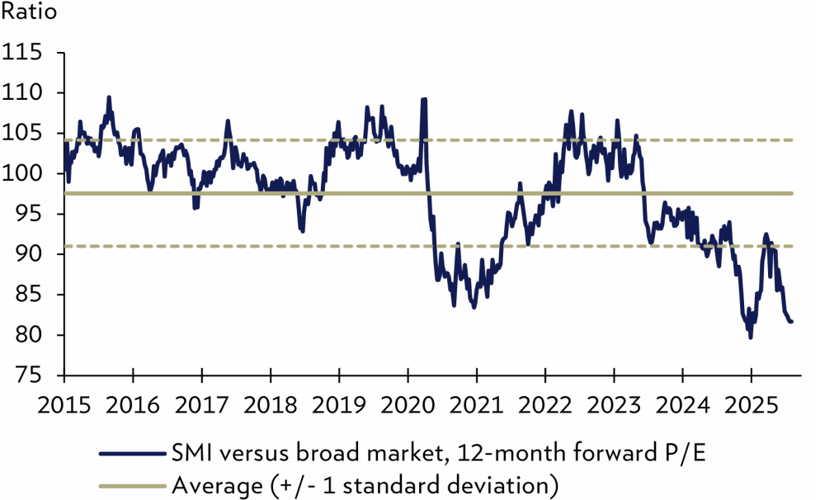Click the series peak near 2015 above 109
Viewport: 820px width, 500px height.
point(108,97)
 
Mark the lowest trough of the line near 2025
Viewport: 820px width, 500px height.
point(750,337)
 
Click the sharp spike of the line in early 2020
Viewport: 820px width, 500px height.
point(424,99)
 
